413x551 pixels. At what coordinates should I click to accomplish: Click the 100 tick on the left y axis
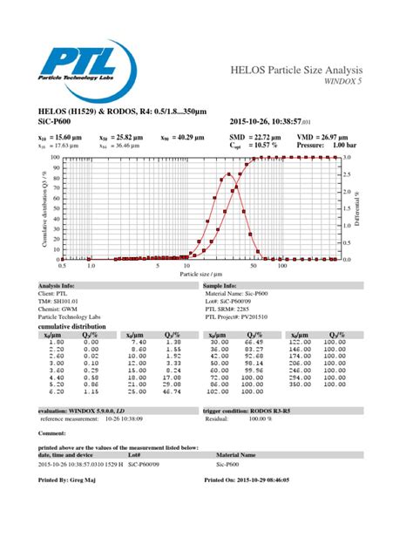point(52,158)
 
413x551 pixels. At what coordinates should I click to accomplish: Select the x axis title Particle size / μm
point(200,274)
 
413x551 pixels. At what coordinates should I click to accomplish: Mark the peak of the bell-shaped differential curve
point(228,174)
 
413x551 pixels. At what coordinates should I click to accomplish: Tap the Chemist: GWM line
point(60,309)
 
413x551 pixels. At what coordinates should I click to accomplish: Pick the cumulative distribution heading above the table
point(74,326)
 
